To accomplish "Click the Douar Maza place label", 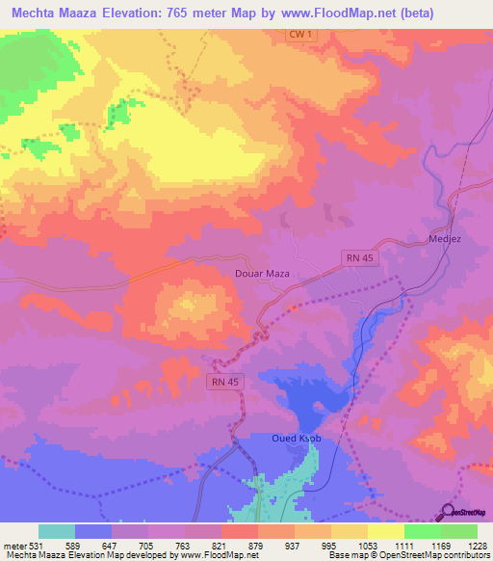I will [263, 274].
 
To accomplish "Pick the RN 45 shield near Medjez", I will [360, 256].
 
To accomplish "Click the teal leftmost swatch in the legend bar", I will [57, 531].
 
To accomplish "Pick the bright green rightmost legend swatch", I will [458, 531].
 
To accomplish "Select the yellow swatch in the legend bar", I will [385, 531].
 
